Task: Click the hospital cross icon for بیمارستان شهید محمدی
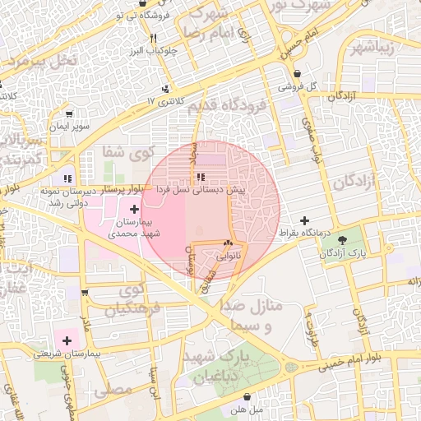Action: point(135,210)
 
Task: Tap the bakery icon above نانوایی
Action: point(228,244)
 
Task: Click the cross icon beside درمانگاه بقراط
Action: point(306,220)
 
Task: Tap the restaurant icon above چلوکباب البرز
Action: point(153,38)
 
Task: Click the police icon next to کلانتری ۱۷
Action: point(168,88)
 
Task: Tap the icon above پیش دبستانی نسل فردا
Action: point(201,177)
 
